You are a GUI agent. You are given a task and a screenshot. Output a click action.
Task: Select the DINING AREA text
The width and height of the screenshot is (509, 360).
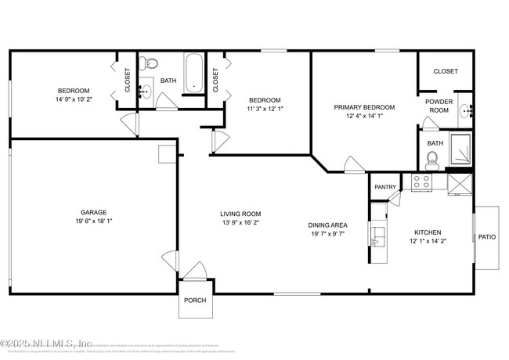328,225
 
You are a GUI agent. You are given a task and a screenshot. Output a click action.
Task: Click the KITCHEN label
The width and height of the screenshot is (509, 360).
428,232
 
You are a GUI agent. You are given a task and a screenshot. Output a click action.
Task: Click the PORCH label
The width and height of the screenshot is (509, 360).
194,301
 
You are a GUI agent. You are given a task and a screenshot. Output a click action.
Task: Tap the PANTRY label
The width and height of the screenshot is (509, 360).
384,187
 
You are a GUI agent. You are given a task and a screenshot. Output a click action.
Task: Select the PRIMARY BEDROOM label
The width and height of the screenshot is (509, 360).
364,107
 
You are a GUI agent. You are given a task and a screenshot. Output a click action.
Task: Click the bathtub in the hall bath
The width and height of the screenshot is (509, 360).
193,73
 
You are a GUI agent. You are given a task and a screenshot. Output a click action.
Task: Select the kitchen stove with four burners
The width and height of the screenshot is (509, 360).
421,183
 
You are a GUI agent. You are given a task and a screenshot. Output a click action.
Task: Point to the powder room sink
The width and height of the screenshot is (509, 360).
467,110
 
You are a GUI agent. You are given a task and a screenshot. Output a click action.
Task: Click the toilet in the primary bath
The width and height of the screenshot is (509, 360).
431,161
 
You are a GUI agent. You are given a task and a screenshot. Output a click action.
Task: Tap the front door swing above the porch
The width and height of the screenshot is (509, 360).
195,271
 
